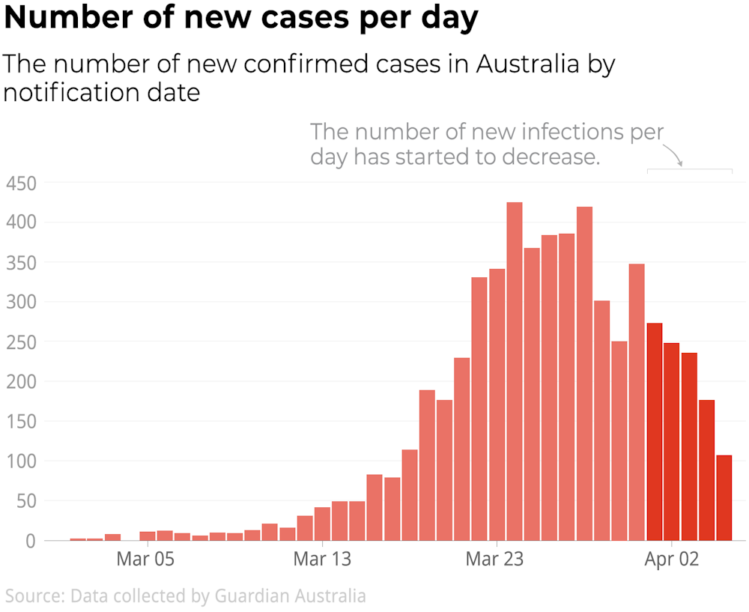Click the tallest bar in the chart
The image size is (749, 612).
coord(515,371)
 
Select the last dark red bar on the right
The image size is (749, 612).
coord(724,497)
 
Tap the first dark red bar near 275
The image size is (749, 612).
coord(654,431)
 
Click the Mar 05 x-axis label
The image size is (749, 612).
coord(145,560)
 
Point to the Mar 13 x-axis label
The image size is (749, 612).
coord(321,560)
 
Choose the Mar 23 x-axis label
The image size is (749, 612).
coord(495,560)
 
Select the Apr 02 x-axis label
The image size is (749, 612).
coord(671,560)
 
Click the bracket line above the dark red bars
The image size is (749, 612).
coord(689,170)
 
